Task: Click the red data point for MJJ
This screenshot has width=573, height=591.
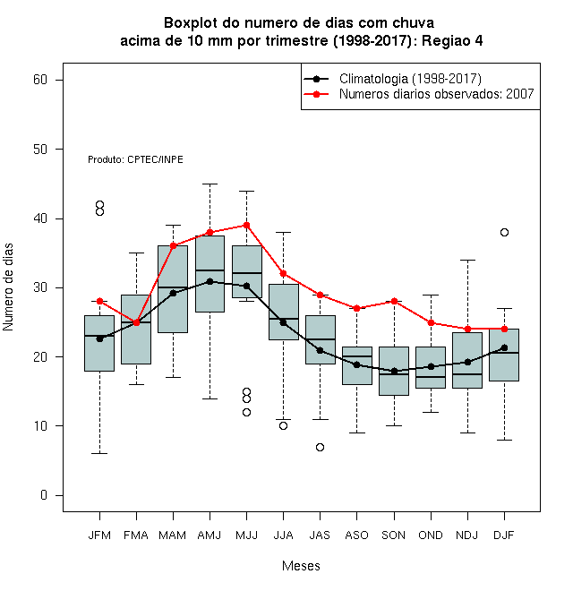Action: pos(246,226)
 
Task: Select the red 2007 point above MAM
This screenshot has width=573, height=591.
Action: pos(173,245)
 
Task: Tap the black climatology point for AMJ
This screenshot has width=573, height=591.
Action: pos(210,281)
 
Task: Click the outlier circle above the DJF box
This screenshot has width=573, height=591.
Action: pos(504,232)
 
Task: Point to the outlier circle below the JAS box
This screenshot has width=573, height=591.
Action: pos(320,447)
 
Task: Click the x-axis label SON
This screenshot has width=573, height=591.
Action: pos(394,535)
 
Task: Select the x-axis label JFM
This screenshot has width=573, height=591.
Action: pos(99,535)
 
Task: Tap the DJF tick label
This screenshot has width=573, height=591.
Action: pos(504,535)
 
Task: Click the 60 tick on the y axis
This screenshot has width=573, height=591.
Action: pos(40,80)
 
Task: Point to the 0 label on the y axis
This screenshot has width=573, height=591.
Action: pos(44,495)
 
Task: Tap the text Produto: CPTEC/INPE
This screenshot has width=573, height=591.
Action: pos(136,159)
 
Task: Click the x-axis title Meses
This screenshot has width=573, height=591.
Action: pos(301,566)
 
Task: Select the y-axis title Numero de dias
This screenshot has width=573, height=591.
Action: pos(8,287)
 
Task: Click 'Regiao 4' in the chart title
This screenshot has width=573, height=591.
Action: pos(452,40)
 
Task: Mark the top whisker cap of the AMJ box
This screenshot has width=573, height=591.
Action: pos(210,184)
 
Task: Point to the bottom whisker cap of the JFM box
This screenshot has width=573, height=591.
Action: pos(99,453)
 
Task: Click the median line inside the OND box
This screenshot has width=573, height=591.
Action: pos(431,377)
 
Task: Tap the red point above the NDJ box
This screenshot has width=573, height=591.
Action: pos(468,329)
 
